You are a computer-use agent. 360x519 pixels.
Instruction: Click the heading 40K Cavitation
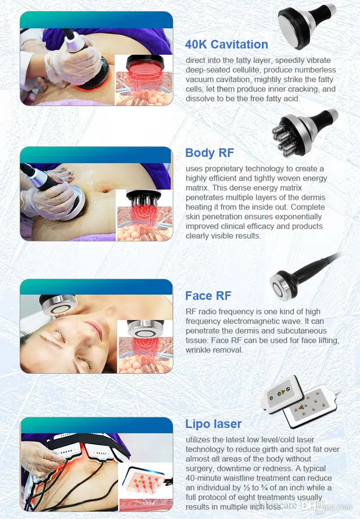click(x=226, y=45)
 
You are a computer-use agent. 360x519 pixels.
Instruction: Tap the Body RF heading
click(x=210, y=152)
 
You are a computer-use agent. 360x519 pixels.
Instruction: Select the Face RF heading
click(x=208, y=295)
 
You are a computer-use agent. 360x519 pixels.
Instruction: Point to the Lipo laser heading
click(x=213, y=424)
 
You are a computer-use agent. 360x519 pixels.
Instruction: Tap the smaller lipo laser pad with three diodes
click(x=282, y=394)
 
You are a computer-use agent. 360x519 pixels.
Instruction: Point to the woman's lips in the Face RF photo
click(x=95, y=328)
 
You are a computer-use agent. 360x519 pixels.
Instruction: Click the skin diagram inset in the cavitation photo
click(x=144, y=80)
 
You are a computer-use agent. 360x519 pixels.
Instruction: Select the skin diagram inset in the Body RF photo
click(x=144, y=215)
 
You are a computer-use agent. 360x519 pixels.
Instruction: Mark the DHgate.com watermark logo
click(x=327, y=506)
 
